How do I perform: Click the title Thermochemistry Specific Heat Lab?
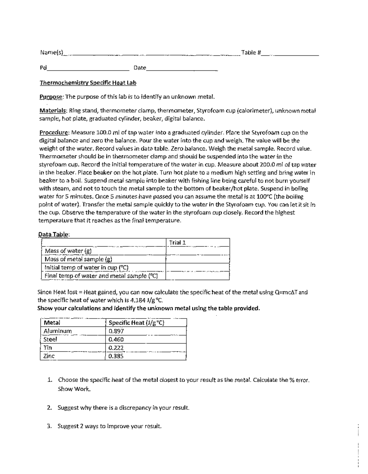coord(88,83)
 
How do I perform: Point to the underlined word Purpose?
coord(51,97)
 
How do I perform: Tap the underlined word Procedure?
coord(54,133)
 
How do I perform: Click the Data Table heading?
coord(53,234)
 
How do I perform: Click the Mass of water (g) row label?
coord(68,251)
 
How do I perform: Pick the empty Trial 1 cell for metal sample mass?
coord(197,259)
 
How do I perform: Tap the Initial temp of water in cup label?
coord(86,268)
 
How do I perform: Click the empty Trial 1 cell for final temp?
coord(197,276)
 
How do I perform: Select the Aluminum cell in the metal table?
coord(58,331)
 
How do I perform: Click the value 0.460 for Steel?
coord(116,339)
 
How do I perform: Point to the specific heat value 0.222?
coord(116,348)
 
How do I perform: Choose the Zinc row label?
coord(49,356)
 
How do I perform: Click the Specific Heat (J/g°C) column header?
coord(136,323)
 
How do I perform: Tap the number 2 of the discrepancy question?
coord(49,408)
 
